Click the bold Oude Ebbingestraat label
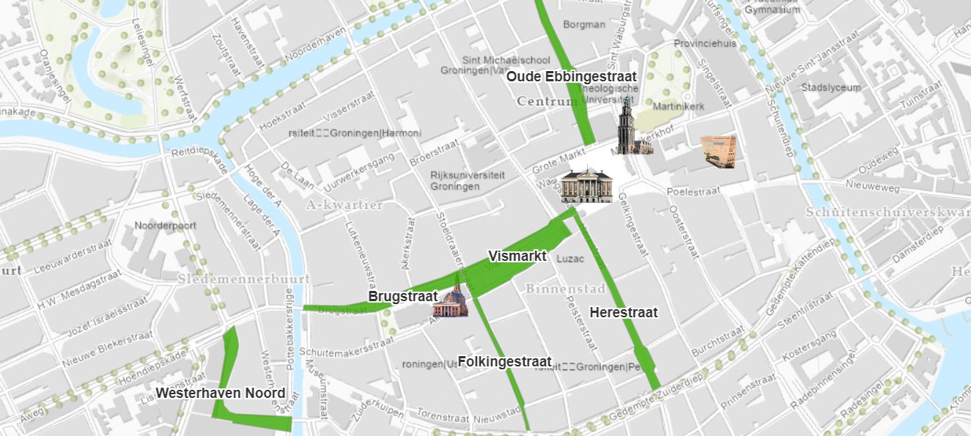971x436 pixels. pyautogui.click(x=572, y=76)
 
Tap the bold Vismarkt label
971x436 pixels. pyautogui.click(x=517, y=256)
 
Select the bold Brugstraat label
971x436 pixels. pyautogui.click(x=402, y=297)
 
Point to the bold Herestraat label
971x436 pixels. pyautogui.click(x=624, y=312)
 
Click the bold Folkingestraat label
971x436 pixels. pyautogui.click(x=504, y=361)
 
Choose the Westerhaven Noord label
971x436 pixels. pyautogui.click(x=220, y=393)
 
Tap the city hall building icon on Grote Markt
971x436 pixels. pyautogui.click(x=585, y=185)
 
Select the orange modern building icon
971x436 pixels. pyautogui.click(x=717, y=151)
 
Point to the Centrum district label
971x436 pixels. pyautogui.click(x=547, y=101)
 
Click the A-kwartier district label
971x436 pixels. pyautogui.click(x=345, y=204)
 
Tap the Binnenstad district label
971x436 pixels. pyautogui.click(x=564, y=289)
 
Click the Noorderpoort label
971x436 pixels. pyautogui.click(x=165, y=226)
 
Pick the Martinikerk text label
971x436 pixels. pyautogui.click(x=678, y=107)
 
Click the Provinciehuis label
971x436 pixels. pyautogui.click(x=705, y=43)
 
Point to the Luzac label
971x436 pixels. pyautogui.click(x=571, y=259)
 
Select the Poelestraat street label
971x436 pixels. pyautogui.click(x=693, y=191)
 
